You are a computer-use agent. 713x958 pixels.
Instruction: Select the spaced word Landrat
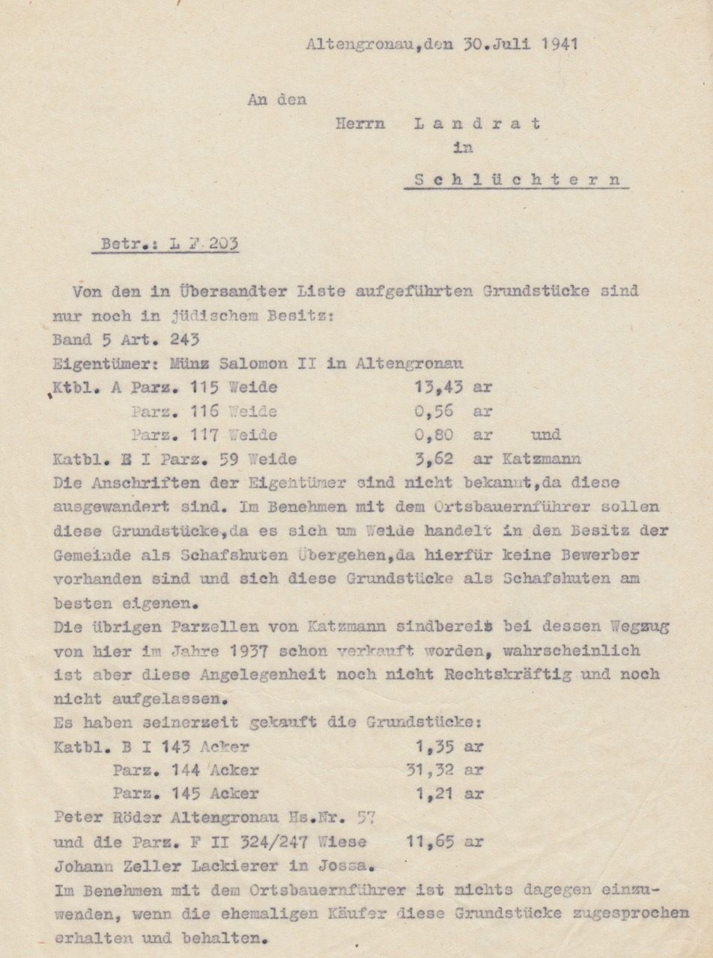click(477, 123)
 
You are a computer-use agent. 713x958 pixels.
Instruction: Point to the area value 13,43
click(437, 388)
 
